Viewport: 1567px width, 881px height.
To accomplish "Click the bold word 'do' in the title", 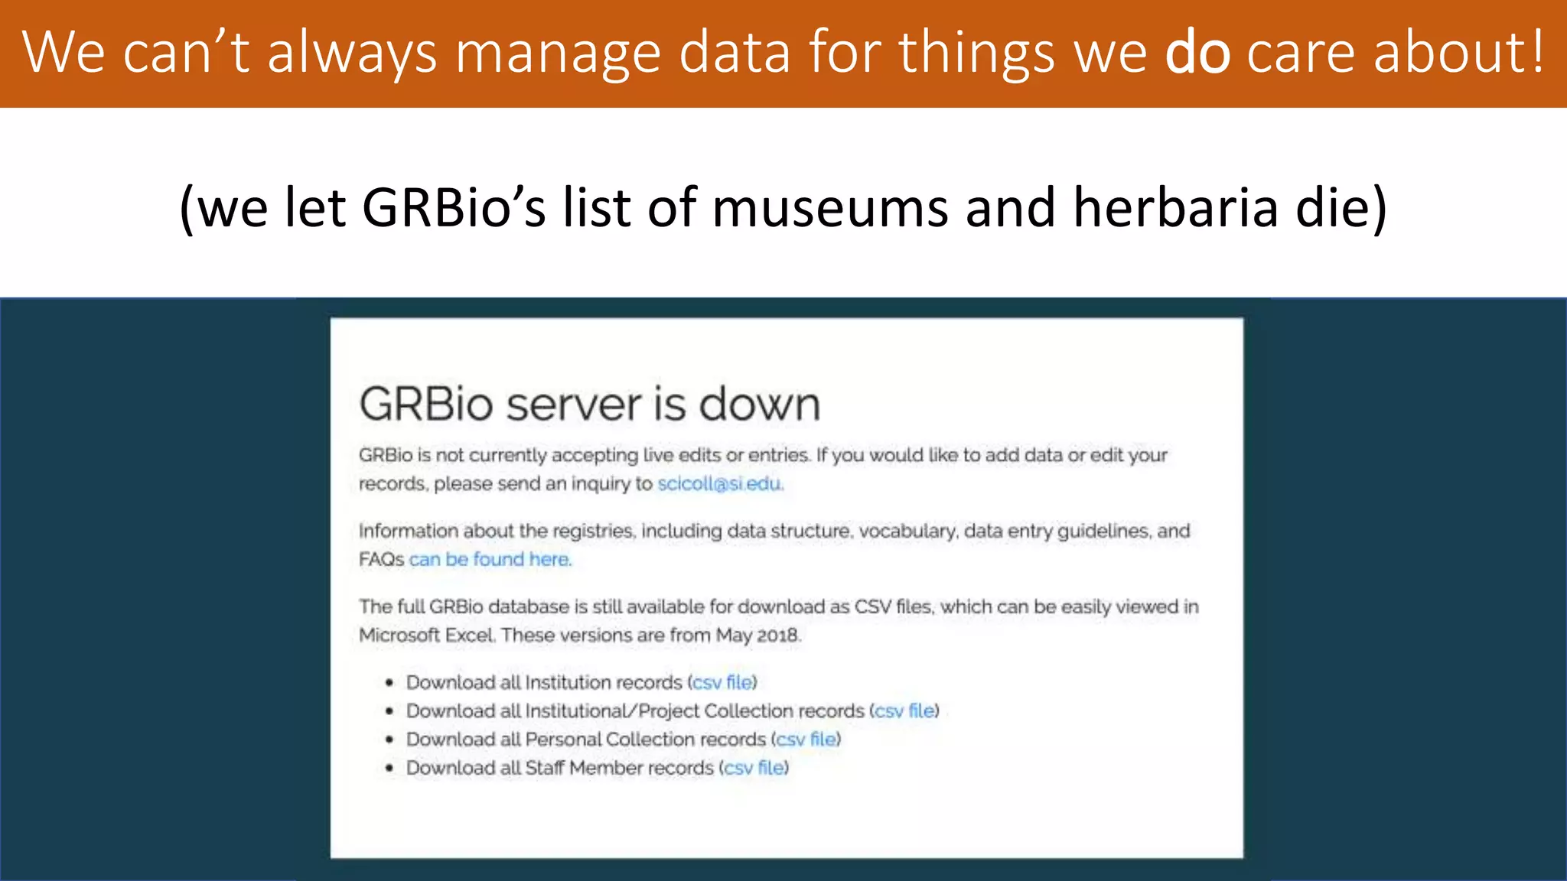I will [x=1197, y=52].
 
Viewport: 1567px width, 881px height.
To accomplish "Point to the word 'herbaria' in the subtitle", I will [x=1175, y=207].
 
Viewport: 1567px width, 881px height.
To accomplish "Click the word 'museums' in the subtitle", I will [x=830, y=207].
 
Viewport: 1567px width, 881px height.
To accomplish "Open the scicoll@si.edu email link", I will [x=720, y=483].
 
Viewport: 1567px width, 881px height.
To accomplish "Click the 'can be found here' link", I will [x=490, y=559].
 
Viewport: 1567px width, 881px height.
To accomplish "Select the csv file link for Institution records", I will [x=723, y=682].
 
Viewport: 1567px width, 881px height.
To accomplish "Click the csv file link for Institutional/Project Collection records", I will [x=904, y=710].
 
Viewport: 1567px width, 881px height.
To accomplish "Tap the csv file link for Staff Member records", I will [x=754, y=768].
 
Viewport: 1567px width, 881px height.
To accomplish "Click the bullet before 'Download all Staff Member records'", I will [x=389, y=768].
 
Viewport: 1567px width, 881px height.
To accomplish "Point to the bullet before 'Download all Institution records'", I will [x=389, y=682].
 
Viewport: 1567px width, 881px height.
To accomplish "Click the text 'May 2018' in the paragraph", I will [x=757, y=635].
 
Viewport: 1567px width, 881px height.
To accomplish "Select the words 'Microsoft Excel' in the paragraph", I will [x=427, y=635].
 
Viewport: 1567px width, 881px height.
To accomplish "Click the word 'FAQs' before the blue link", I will [x=381, y=559].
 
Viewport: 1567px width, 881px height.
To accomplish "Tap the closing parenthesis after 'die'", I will [x=1379, y=207].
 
